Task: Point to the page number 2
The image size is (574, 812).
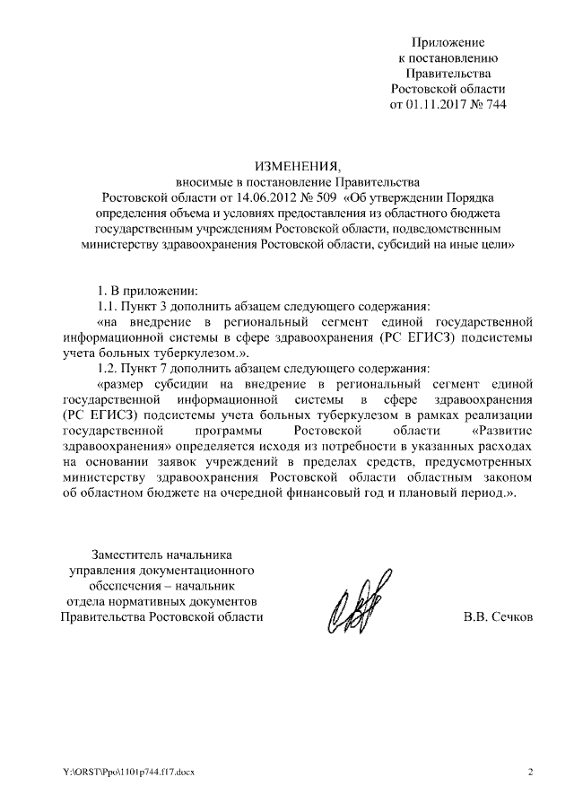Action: pyautogui.click(x=529, y=773)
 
